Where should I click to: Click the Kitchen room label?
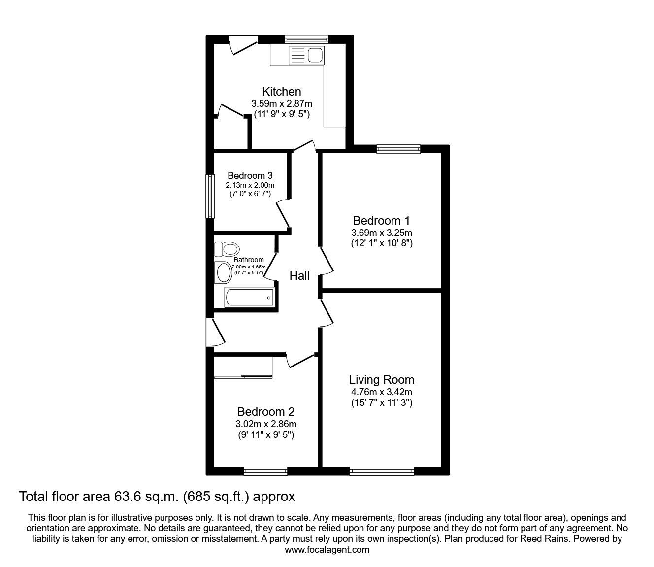click(x=281, y=92)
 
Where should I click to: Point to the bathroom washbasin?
click(x=224, y=272)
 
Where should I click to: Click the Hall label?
click(x=299, y=276)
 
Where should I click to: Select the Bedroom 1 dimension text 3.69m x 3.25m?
click(x=382, y=233)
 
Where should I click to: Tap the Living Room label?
click(x=382, y=380)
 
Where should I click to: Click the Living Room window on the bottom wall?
click(x=382, y=471)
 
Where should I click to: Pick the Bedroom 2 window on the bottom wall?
click(x=265, y=471)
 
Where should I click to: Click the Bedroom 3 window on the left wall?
click(x=210, y=196)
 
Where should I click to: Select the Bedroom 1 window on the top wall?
click(x=398, y=149)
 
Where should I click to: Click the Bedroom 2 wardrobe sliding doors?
click(x=243, y=377)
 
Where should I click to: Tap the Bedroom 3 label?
click(x=250, y=175)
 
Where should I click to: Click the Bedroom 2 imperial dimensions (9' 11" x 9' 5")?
click(x=266, y=435)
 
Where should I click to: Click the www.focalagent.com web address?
click(x=327, y=550)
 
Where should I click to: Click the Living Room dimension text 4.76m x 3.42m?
click(x=382, y=392)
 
